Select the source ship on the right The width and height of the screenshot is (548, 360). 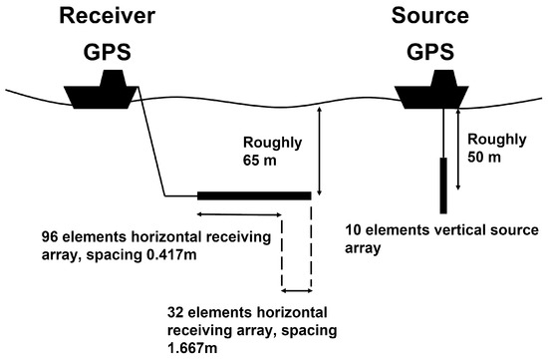click(430, 92)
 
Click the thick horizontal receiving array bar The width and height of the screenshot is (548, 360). click(253, 194)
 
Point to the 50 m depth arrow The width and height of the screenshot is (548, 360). click(458, 150)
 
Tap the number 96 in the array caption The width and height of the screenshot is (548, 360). click(52, 237)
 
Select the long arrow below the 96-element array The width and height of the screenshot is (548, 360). click(238, 212)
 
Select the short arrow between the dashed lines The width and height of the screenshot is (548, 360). click(297, 291)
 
